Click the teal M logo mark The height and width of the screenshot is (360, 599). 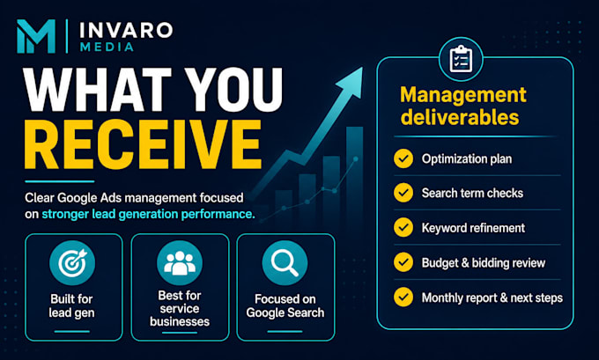(x=36, y=36)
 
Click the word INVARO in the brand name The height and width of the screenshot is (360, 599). (x=126, y=31)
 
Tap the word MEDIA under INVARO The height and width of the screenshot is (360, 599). (x=107, y=47)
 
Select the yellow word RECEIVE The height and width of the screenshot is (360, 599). (x=143, y=144)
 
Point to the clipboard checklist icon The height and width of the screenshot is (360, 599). (x=461, y=59)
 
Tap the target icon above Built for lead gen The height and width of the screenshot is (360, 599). (x=72, y=263)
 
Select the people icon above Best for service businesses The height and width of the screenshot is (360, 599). (x=180, y=263)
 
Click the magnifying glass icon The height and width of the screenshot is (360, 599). (x=285, y=263)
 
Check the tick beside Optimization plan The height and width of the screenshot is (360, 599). (x=403, y=158)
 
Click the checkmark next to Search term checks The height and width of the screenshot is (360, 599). (x=403, y=193)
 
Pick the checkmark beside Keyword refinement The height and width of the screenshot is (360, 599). (x=403, y=227)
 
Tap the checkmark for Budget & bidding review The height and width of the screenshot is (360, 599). (x=403, y=262)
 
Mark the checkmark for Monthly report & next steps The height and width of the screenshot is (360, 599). (x=403, y=297)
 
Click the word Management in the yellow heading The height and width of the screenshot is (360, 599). (x=463, y=95)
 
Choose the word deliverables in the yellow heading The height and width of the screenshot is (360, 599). (x=460, y=117)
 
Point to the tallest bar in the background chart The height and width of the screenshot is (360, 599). (x=354, y=176)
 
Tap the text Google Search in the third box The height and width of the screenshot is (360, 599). (x=285, y=312)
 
